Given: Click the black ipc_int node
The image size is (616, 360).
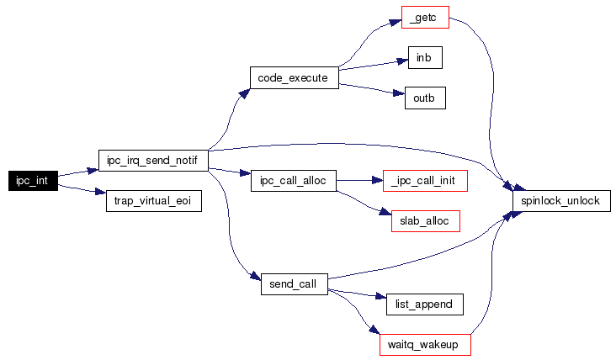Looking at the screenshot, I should point(32,180).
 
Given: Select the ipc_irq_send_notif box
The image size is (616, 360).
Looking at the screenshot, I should point(152,158).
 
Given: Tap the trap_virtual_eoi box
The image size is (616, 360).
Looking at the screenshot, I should point(152,202).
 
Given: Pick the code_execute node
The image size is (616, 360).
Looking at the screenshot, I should point(294,77).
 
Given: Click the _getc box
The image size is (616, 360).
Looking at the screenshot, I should point(424,18).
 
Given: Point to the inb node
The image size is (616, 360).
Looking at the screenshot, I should point(424,57).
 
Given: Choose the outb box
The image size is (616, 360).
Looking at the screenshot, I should point(424,98).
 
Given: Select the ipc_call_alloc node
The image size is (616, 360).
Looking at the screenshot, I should point(294,180).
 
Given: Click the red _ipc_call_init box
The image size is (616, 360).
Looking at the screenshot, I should point(424,180).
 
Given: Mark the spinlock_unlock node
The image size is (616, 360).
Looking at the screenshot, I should point(561,202).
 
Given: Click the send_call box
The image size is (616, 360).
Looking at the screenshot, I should point(294,283).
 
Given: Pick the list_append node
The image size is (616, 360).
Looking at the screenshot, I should point(424,304).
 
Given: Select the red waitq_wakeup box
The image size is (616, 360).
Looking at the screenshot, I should point(424,344).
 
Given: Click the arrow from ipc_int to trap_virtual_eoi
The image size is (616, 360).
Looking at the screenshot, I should point(82,191).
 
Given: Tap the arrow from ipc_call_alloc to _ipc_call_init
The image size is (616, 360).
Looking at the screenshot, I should point(359,180).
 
